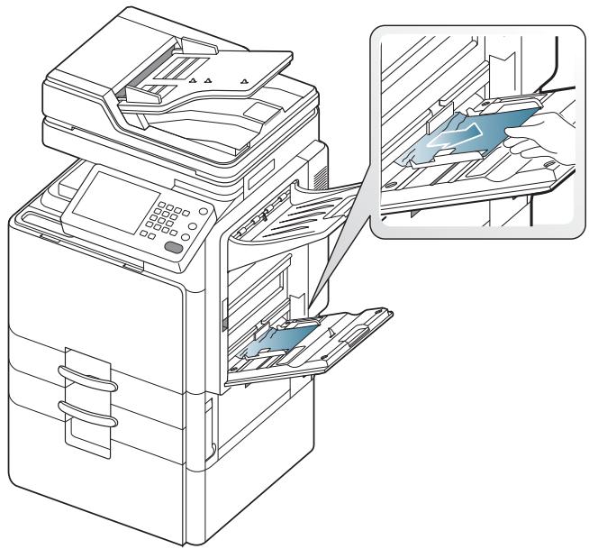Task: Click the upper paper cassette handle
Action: point(86,376)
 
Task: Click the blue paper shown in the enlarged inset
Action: point(468,135)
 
